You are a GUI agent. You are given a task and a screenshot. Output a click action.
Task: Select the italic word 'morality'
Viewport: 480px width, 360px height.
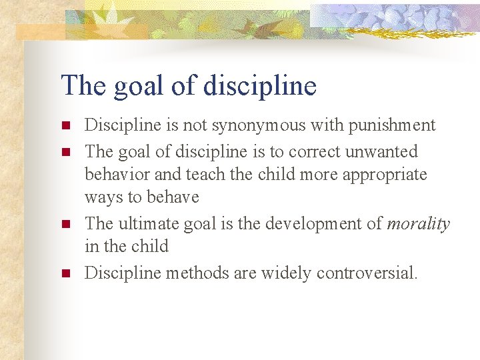(418, 224)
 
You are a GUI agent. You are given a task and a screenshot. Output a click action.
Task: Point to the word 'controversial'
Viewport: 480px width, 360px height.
(366, 273)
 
